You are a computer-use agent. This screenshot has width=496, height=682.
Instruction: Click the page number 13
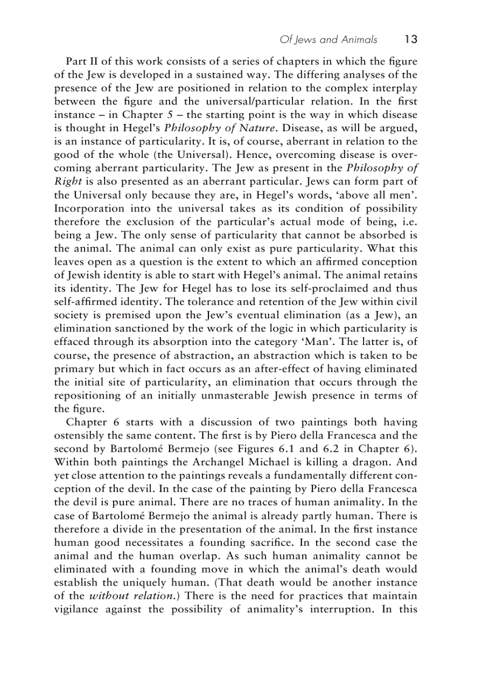410,39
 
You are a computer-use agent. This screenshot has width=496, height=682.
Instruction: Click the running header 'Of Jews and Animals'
328,40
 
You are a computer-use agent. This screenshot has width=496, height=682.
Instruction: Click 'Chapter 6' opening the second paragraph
91,421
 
